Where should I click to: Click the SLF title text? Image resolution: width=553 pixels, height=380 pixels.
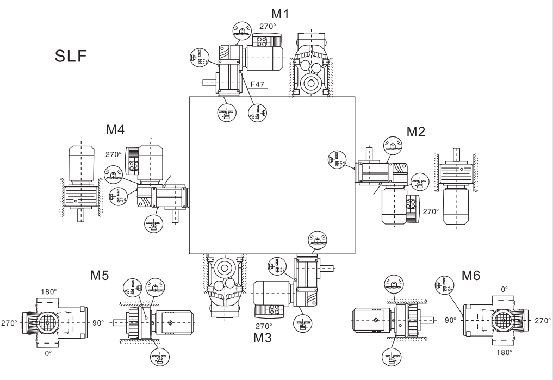coord(70,56)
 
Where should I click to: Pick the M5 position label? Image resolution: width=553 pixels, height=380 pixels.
coord(100,276)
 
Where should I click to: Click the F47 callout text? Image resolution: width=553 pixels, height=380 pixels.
coord(266,85)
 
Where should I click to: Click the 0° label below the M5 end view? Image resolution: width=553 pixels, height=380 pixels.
coord(48,353)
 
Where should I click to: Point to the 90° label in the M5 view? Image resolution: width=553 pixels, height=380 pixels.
coord(97,323)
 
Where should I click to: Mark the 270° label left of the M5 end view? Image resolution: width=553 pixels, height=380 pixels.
coord(9,323)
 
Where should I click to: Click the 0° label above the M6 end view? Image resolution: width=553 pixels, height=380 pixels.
coord(505,290)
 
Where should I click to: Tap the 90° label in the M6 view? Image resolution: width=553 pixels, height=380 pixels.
coord(451,320)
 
